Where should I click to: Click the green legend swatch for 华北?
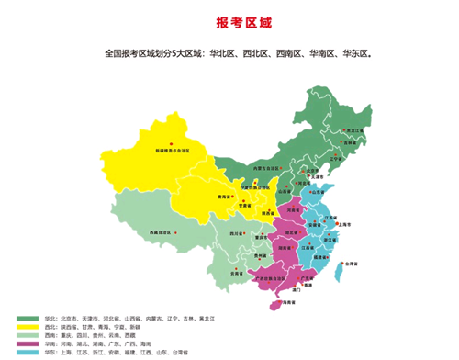(x=27, y=318)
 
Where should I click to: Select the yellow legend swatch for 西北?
(x=27, y=326)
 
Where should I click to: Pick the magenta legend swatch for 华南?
(x=27, y=343)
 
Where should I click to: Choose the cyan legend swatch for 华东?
(x=27, y=351)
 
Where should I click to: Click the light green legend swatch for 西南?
(x=27, y=334)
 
